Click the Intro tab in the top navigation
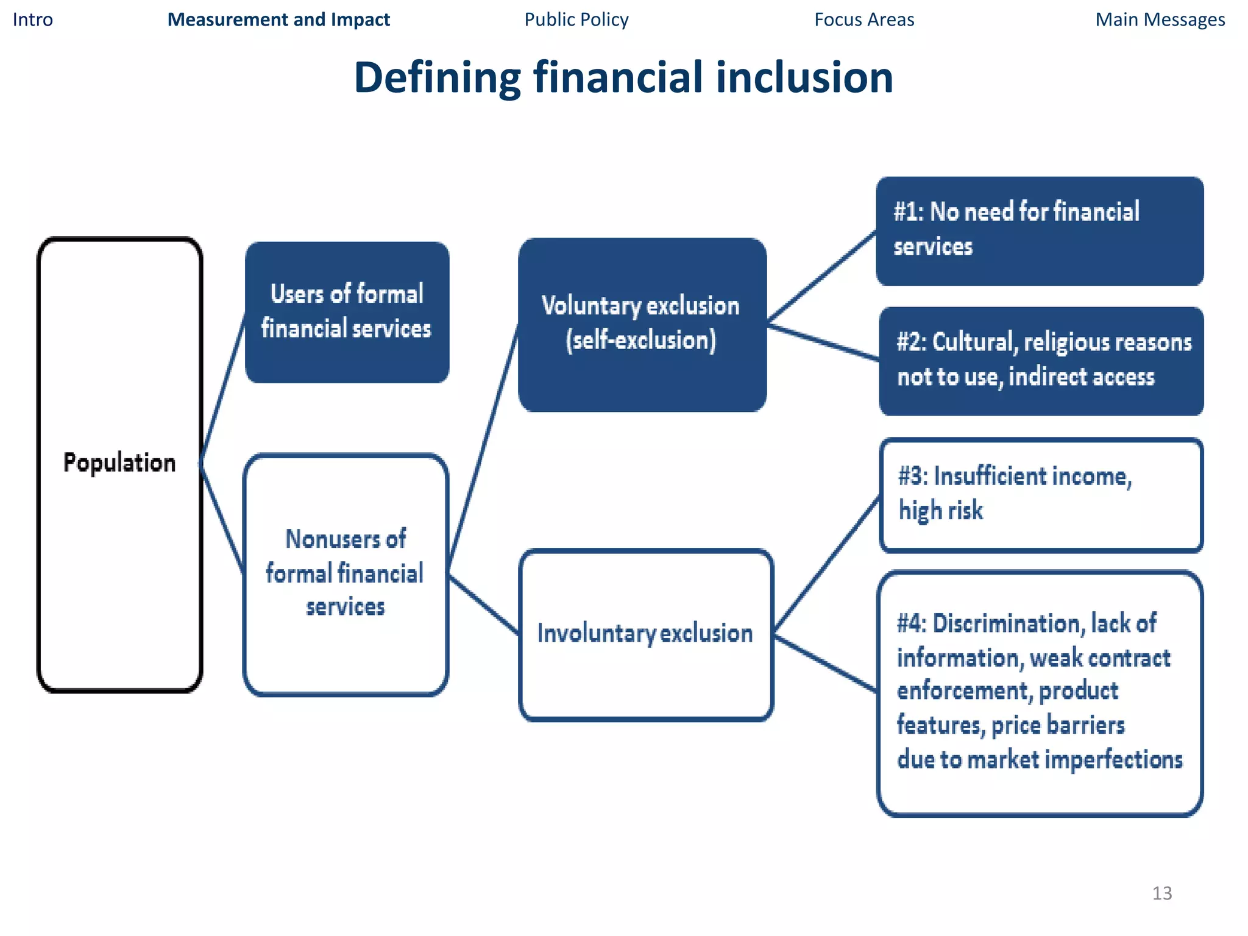33,20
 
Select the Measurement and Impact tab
278,20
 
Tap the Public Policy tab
576,20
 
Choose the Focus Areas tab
864,20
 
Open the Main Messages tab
1160,20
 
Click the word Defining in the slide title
437,77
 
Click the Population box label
119,463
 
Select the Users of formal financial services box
347,312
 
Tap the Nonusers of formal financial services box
346,573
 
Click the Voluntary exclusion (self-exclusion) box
642,324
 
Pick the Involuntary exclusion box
645,634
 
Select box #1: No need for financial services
1039,230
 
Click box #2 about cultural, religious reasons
1041,360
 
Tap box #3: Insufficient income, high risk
1041,494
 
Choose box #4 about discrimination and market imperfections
1040,692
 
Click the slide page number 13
1161,893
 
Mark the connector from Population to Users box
223,388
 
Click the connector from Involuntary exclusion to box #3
827,564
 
